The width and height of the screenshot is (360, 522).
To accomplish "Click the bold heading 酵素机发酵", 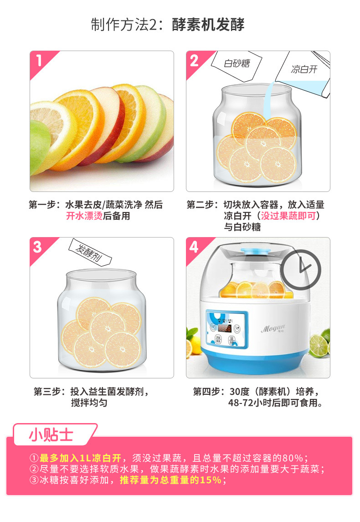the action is point(208,25).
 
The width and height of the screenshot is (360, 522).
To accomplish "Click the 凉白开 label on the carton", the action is point(304,69).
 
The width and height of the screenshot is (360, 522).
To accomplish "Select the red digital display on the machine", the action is point(225,328).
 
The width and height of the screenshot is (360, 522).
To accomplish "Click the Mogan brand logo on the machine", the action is point(273,329).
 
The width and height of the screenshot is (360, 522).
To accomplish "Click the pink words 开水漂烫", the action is point(84,216).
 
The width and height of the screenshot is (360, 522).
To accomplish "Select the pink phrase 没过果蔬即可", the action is point(288,216).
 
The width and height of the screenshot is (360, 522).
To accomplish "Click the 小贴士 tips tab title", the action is point(51,435).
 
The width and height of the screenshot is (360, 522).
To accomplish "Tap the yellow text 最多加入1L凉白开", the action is point(80,458).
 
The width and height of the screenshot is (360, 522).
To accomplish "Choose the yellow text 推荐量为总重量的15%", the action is point(170,480).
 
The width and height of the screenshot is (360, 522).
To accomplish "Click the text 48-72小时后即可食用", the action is point(275,403).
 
